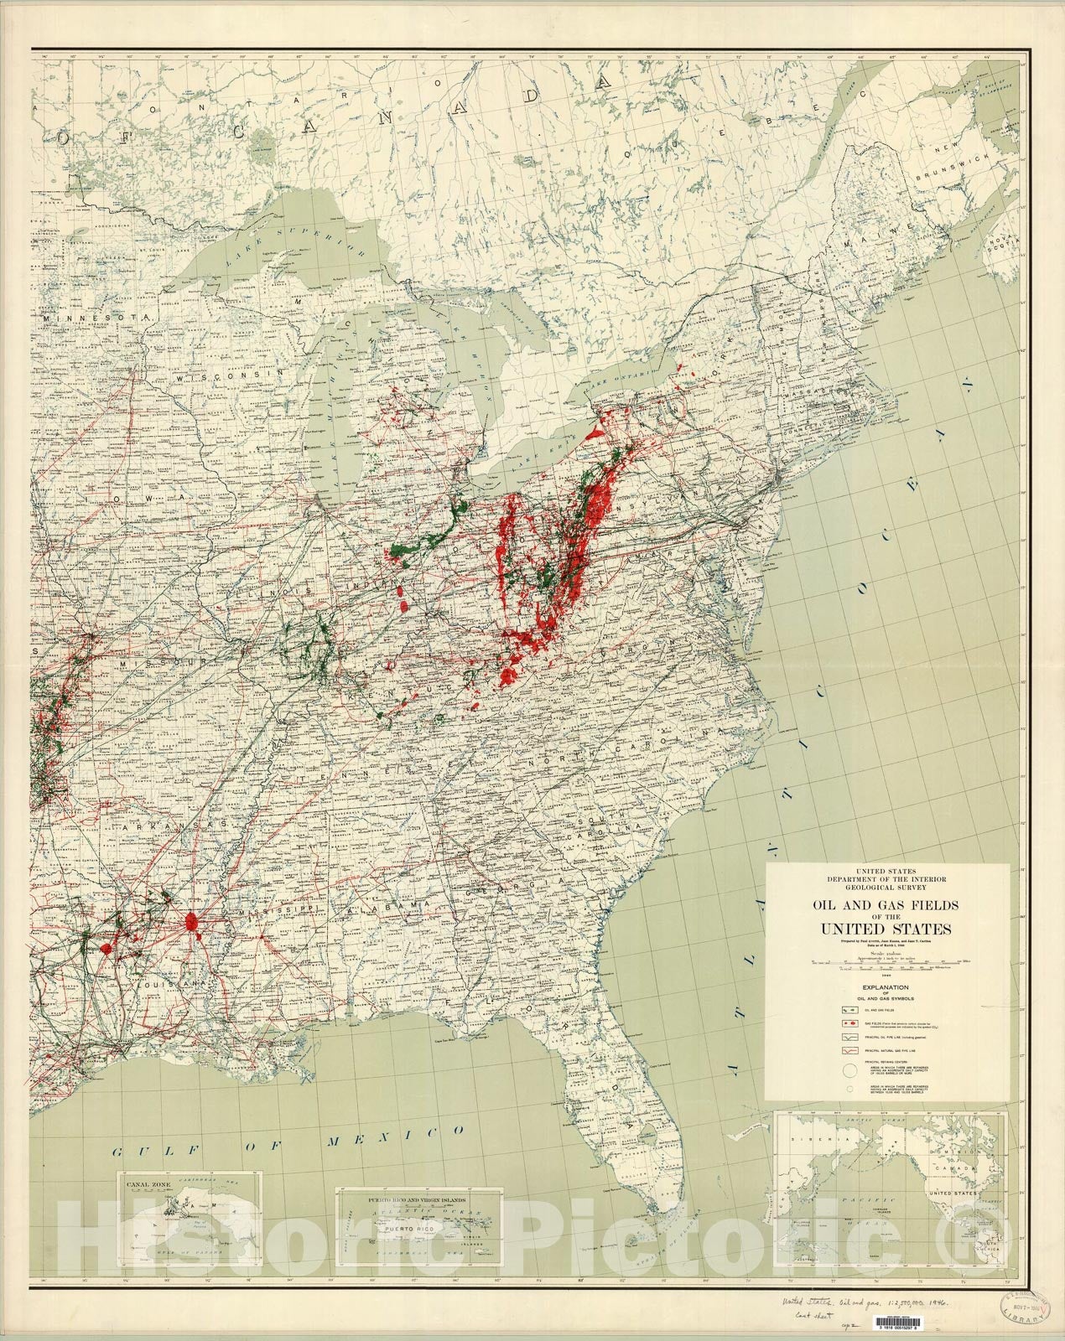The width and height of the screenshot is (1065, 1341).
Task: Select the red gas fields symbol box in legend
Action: [849, 1023]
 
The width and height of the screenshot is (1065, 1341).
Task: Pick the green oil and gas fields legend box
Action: [849, 1010]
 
